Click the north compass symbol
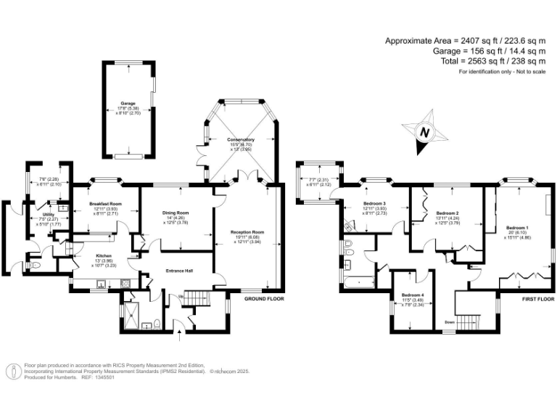click(424, 134)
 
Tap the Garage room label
click(128, 104)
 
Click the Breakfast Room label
click(106, 204)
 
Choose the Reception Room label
click(247, 232)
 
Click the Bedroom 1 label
click(517, 229)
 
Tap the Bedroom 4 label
click(413, 295)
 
